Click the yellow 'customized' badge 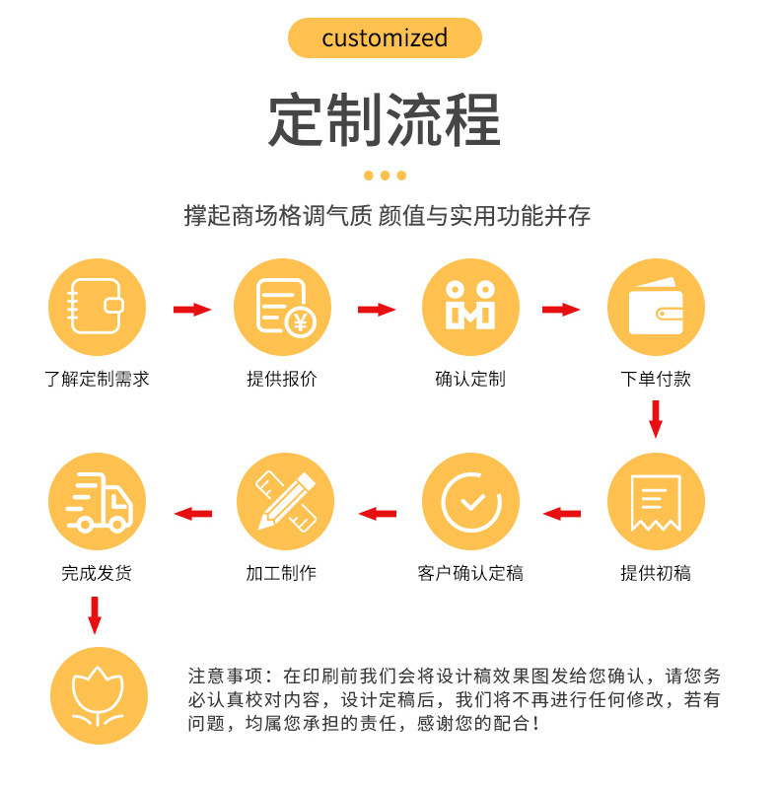(x=385, y=38)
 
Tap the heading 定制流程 (x=385, y=120)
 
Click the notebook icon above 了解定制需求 (x=97, y=307)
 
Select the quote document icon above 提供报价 (x=283, y=307)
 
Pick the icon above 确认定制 (x=470, y=307)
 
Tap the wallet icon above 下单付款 (x=656, y=307)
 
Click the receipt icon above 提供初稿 (x=656, y=502)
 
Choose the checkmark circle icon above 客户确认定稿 (x=470, y=502)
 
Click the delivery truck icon (x=97, y=502)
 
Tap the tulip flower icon (x=97, y=695)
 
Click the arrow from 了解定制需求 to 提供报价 (x=192, y=310)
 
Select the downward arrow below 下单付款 (x=656, y=418)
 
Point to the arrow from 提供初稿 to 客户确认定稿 (x=562, y=513)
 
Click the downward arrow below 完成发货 (x=95, y=614)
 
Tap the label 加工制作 (x=281, y=573)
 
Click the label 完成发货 (x=96, y=573)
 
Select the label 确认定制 (x=470, y=379)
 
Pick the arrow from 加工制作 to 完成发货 (x=193, y=513)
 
